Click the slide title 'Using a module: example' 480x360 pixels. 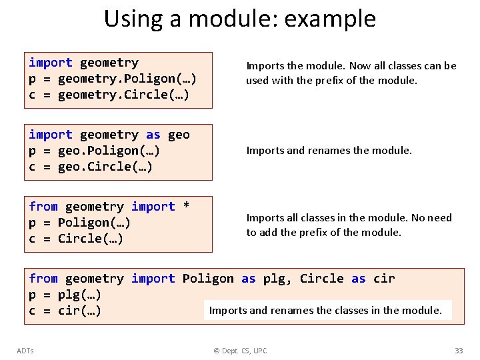coord(239,19)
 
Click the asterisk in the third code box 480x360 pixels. coord(186,207)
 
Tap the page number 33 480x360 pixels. coord(458,351)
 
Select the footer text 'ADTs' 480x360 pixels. coord(25,351)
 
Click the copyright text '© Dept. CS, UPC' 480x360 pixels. coord(239,351)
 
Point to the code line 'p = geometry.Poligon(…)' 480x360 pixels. coord(113,79)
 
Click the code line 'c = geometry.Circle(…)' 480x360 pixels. coord(109,95)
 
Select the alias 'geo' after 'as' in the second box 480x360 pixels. coord(179,135)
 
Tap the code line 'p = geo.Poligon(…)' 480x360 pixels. coord(95,151)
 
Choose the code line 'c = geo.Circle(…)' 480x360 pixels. coord(91,167)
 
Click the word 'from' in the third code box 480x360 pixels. coord(43,207)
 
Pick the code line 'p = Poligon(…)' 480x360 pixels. coord(80,223)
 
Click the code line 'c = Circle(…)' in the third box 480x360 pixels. coord(76,239)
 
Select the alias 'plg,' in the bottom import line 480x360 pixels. coord(277,279)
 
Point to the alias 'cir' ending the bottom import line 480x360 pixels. coord(384,279)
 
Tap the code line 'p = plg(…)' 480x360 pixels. coord(65,295)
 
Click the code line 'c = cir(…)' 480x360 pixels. coord(65,311)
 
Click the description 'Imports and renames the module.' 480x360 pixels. coord(329,151)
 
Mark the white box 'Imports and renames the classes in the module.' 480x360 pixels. coord(327,310)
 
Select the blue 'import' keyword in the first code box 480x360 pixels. coord(51,63)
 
